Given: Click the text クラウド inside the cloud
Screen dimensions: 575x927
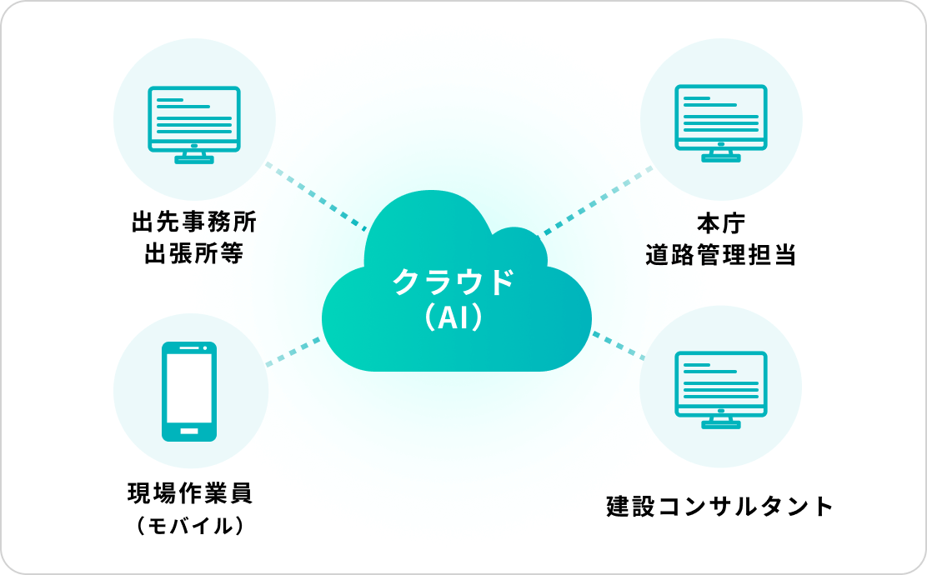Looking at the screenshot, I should pos(453,282).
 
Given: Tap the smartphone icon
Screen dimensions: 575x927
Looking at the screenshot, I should pos(189,391).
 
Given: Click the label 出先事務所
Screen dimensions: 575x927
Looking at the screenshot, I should pos(194,223).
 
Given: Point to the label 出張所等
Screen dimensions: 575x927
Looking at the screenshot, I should pos(194,253).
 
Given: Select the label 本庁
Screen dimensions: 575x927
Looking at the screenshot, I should pos(720,224).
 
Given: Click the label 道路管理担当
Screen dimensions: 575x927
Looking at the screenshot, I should pos(720,254).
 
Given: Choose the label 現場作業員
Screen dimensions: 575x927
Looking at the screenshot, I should pos(189,492).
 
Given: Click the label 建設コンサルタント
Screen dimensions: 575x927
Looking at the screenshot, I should pos(720,506).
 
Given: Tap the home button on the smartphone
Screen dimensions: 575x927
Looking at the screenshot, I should pos(189,431).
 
